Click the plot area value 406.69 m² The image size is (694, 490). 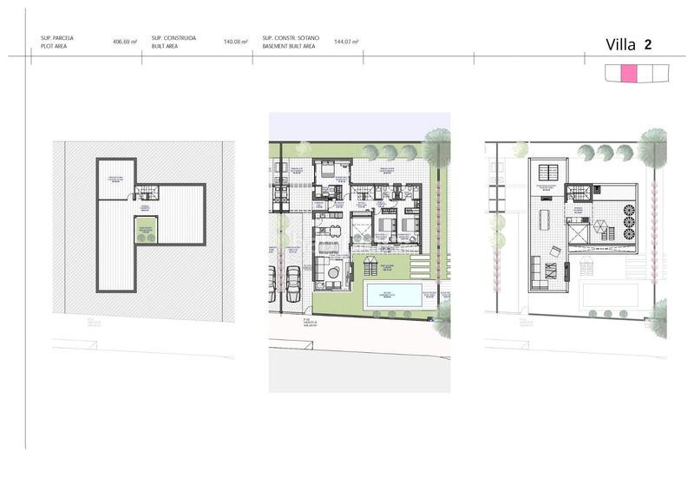125,41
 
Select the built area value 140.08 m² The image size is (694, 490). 235,41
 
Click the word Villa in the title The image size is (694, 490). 620,45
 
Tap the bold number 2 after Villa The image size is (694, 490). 648,45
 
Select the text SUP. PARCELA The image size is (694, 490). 56,37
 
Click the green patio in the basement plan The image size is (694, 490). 145,232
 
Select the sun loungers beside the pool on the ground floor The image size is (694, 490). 370,265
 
